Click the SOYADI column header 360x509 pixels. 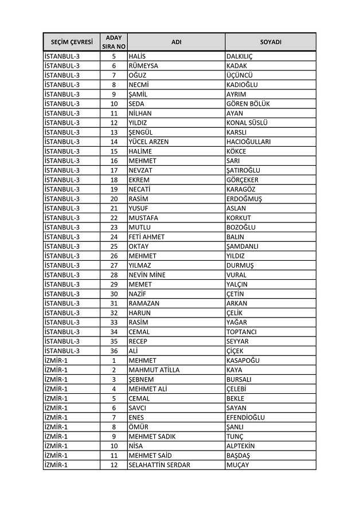pos(270,42)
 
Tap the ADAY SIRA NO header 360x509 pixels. pos(114,42)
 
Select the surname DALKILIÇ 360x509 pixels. pos(240,56)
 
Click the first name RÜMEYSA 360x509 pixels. pos(143,66)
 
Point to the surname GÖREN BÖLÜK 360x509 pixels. pos(248,104)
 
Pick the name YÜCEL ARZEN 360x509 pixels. pos(148,142)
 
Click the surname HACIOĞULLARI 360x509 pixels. pos(249,142)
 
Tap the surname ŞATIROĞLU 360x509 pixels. pos(244,170)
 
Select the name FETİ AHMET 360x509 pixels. pos(147,237)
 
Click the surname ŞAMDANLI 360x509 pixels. pos(243,246)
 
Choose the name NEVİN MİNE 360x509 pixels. pos(147,275)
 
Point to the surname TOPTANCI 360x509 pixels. pos(242,332)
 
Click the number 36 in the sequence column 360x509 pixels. pos(114,351)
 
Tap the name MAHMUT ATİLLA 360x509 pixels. pos(154,370)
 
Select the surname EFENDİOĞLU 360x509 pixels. pos(246,417)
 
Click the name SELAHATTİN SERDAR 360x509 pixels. pos(159,465)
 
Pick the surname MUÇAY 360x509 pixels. pos(238,465)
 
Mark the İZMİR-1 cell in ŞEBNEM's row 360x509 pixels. pos(56,379)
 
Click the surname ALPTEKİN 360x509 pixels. pos(241,446)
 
